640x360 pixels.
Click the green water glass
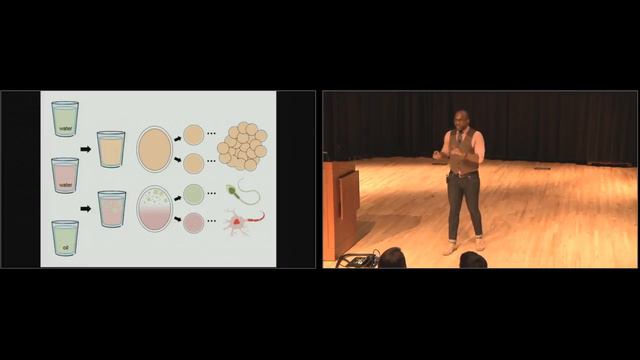pos(65,119)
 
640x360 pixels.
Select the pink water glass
pos(65,176)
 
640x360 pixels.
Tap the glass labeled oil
pos(65,237)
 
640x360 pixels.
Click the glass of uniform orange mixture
pos(111,148)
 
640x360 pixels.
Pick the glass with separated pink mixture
pos(112,209)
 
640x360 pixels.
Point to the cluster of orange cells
pos(243,146)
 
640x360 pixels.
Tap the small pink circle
pos(194,223)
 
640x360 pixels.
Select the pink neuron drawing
pos(241,221)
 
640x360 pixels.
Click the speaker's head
pos(461,119)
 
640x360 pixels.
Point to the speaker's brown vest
pos(463,150)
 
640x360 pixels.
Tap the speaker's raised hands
pos(444,155)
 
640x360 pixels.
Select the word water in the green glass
pos(65,127)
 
